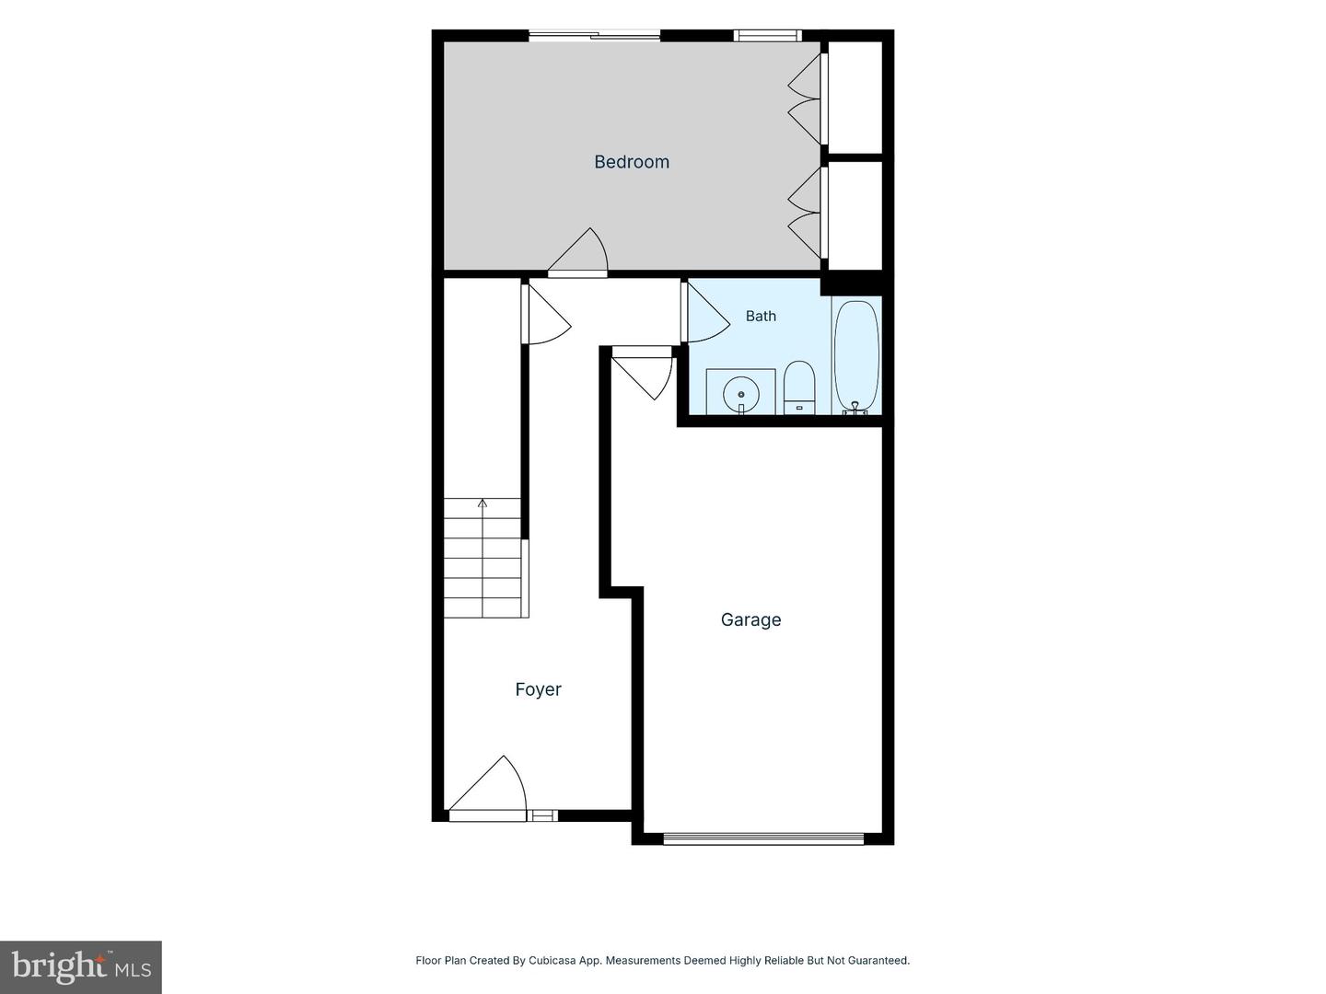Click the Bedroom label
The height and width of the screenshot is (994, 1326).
click(x=632, y=162)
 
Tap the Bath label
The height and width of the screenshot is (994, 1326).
click(x=761, y=316)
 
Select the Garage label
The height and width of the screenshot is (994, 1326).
click(x=750, y=619)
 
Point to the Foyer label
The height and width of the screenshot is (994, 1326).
click(x=539, y=689)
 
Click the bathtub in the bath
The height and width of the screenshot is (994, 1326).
click(x=856, y=356)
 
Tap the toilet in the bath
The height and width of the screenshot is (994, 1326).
click(x=799, y=387)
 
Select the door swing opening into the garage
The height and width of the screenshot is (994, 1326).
click(x=643, y=377)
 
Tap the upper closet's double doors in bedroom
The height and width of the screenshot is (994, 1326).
click(x=805, y=99)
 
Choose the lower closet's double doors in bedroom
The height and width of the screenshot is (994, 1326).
click(x=805, y=213)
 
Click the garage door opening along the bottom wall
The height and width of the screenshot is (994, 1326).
click(x=763, y=838)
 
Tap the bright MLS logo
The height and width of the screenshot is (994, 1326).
click(x=81, y=966)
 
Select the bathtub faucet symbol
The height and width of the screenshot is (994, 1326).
click(x=855, y=408)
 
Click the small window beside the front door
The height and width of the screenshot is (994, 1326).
click(x=541, y=816)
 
